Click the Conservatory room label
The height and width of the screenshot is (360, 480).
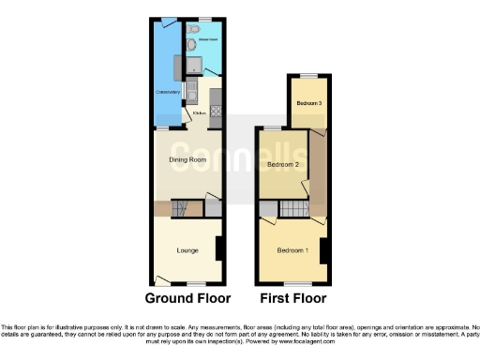click(x=168, y=92)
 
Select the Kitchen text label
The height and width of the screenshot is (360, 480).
click(x=199, y=113)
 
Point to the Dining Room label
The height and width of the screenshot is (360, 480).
click(x=187, y=160)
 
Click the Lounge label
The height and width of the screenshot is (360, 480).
click(x=187, y=250)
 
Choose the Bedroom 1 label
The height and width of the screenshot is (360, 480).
click(x=292, y=250)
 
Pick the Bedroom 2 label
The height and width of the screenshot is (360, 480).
click(x=282, y=165)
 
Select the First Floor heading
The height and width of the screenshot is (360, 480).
click(x=292, y=299)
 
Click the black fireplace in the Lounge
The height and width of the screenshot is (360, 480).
click(x=218, y=248)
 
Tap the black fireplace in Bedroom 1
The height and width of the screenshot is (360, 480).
click(x=323, y=251)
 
